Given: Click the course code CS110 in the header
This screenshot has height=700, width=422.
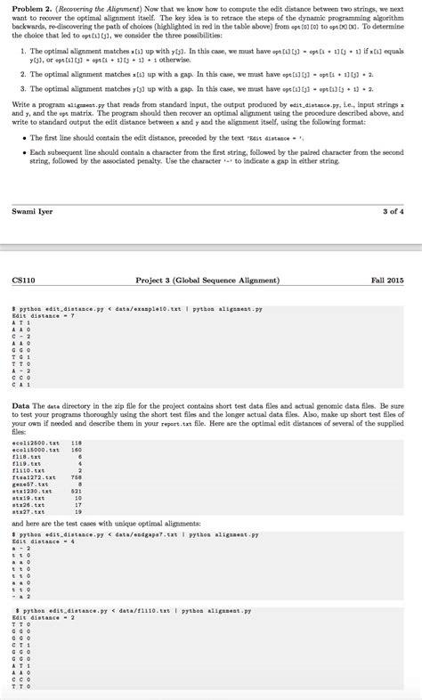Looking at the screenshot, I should coord(25,281).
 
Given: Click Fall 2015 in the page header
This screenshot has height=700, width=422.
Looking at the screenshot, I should coord(385,281).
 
